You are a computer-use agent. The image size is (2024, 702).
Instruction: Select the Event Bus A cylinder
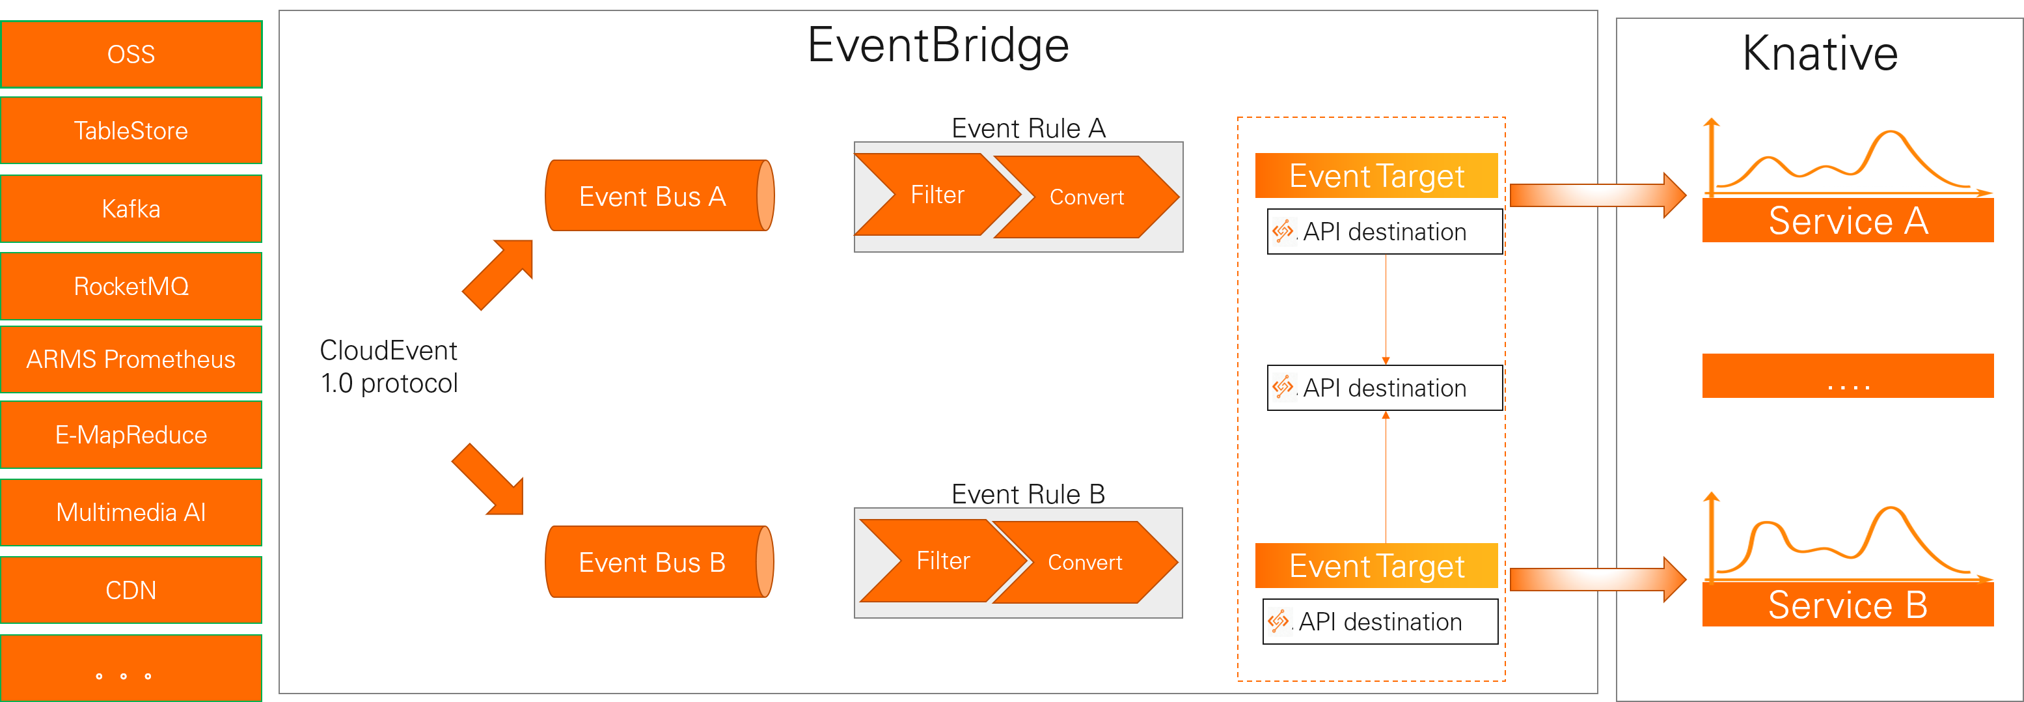(652, 196)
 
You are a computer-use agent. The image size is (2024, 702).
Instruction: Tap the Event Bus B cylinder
(652, 562)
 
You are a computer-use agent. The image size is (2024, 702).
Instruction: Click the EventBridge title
(938, 45)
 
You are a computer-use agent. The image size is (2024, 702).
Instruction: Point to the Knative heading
(1820, 53)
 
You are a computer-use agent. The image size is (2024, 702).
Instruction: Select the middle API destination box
(1384, 387)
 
